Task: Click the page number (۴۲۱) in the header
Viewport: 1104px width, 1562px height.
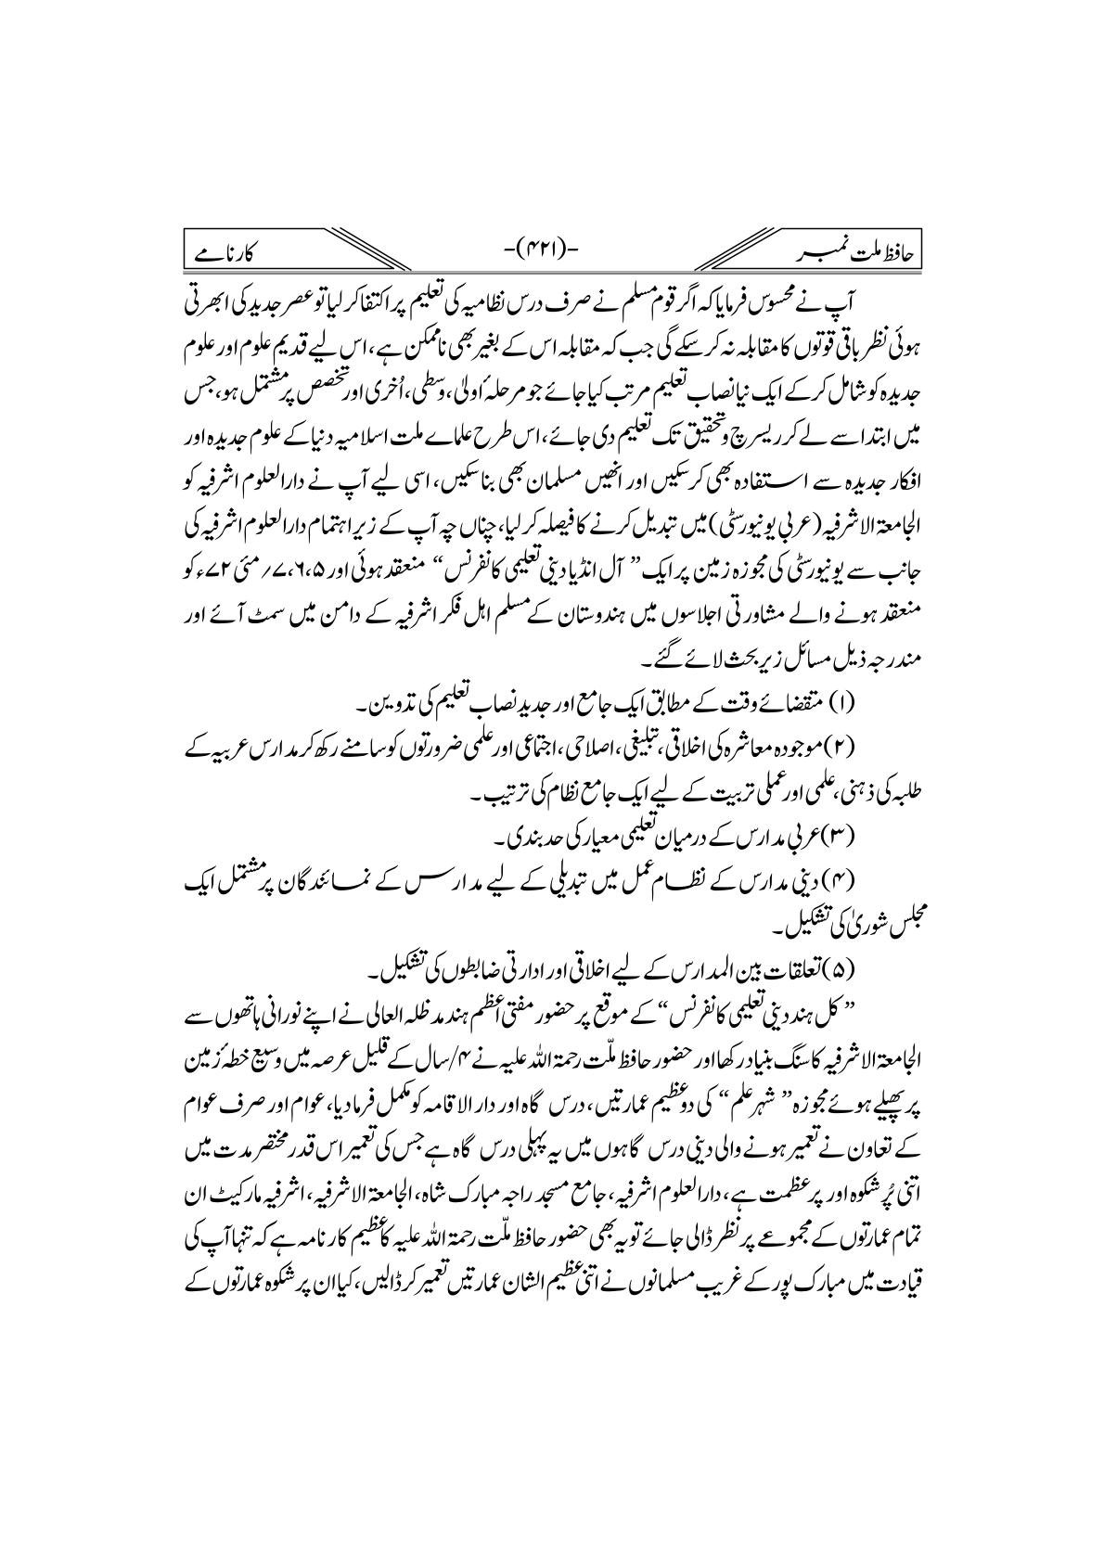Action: pos(551,253)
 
